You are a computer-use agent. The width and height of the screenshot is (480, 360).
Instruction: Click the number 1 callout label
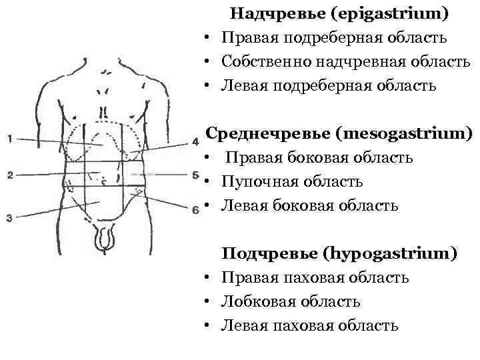point(9,139)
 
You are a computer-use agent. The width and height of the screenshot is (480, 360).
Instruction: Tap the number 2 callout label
point(9,175)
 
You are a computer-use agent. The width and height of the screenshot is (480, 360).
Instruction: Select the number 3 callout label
point(9,217)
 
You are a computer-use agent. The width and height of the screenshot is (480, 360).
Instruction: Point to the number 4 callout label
point(195,141)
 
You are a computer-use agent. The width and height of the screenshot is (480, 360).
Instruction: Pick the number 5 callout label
point(195,175)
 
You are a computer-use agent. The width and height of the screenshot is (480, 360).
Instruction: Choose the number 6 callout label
point(195,210)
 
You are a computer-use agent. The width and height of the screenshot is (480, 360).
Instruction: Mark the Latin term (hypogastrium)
point(391,253)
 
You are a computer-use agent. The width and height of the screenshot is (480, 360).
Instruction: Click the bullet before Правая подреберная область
point(209,39)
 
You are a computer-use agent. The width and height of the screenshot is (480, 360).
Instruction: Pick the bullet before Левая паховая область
point(209,326)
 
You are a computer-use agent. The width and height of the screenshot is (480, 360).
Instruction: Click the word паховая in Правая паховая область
point(303,277)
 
